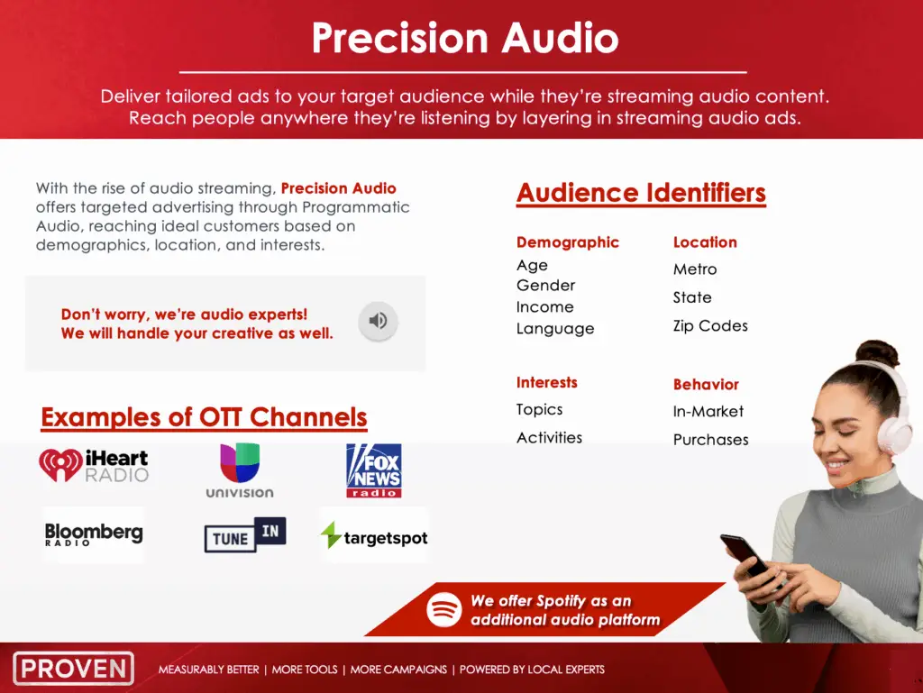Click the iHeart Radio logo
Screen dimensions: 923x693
(94, 465)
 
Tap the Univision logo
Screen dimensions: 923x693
(240, 470)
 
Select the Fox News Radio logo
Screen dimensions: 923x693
(374, 470)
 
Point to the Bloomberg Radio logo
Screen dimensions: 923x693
(94, 534)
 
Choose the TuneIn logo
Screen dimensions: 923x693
(245, 534)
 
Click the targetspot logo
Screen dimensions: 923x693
(374, 536)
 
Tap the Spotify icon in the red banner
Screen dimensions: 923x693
(443, 609)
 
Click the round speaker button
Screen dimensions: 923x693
(378, 321)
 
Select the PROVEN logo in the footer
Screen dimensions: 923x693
(74, 669)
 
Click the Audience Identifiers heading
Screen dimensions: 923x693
(641, 193)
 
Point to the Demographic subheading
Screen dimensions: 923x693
(568, 242)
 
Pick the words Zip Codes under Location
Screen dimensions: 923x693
(710, 326)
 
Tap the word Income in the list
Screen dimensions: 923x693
(544, 306)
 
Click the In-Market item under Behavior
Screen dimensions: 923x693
(708, 411)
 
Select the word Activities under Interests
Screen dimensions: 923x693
(549, 438)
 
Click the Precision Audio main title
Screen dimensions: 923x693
(465, 38)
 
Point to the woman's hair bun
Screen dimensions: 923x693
(877, 352)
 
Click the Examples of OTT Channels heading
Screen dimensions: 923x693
(204, 417)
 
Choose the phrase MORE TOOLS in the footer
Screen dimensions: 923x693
(305, 670)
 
